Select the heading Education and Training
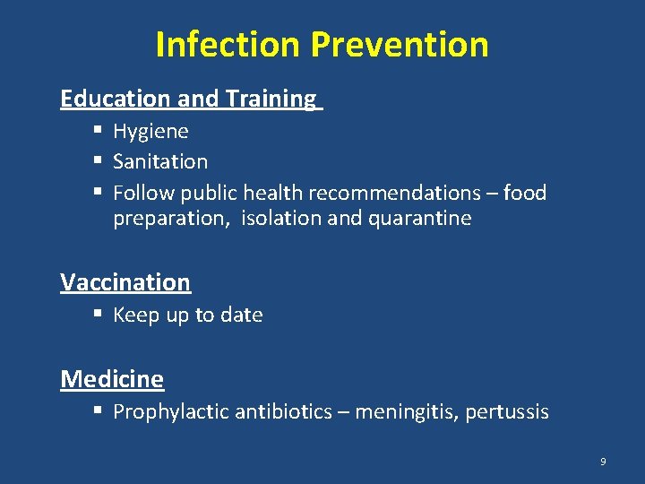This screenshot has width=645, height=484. pos(188,99)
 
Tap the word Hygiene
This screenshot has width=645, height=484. pos(150,132)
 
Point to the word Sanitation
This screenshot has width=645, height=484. pos(160,162)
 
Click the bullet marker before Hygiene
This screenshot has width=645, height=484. pos(97,132)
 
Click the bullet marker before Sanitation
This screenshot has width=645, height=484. pos(97,162)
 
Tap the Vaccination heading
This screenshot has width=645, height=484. pos(125,282)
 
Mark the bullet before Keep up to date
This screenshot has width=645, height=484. pos(97,315)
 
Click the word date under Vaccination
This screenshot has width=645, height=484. pos(241,315)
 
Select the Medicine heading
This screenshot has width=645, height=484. pos(112,379)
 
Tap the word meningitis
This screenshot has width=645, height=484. pos(408,412)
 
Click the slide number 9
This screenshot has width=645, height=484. pos(603,462)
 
